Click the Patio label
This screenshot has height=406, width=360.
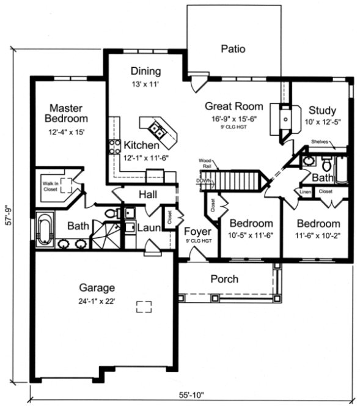233,49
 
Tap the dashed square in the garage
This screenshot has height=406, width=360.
144,307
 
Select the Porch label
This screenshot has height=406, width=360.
224,279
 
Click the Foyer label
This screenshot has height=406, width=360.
198,232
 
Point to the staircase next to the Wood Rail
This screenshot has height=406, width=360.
236,181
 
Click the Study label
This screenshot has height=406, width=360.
321,111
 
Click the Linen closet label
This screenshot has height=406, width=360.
305,192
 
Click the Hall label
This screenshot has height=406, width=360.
149,194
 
